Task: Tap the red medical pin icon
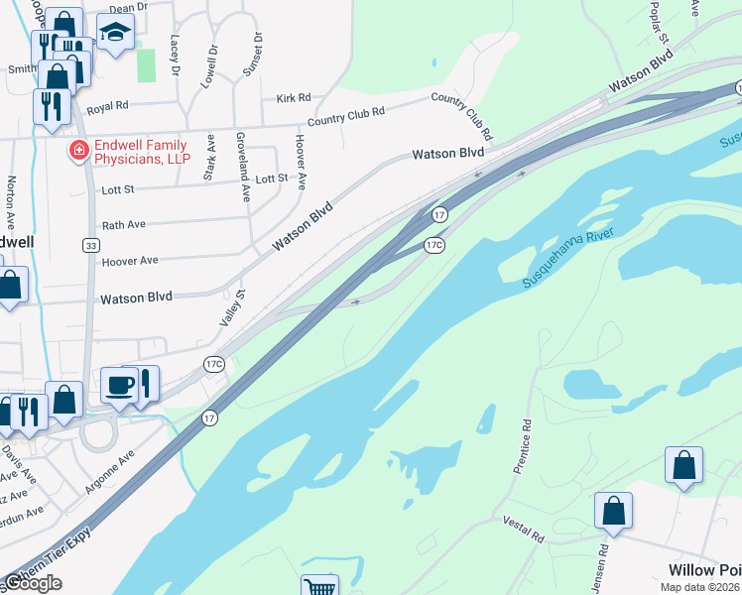(x=76, y=152)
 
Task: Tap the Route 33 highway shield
(x=90, y=245)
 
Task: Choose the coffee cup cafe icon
(x=119, y=385)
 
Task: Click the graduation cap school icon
(x=117, y=33)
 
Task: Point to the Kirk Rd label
(x=294, y=98)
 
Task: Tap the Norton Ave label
(x=12, y=197)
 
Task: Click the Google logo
(x=32, y=583)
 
